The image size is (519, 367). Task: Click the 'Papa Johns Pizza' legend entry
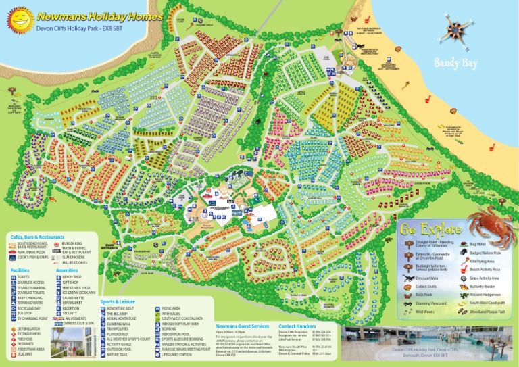point(31,251)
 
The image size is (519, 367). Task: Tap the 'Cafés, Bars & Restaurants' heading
point(37,237)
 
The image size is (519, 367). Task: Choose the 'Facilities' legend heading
point(20,270)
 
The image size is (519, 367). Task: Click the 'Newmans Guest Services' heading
point(242,326)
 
